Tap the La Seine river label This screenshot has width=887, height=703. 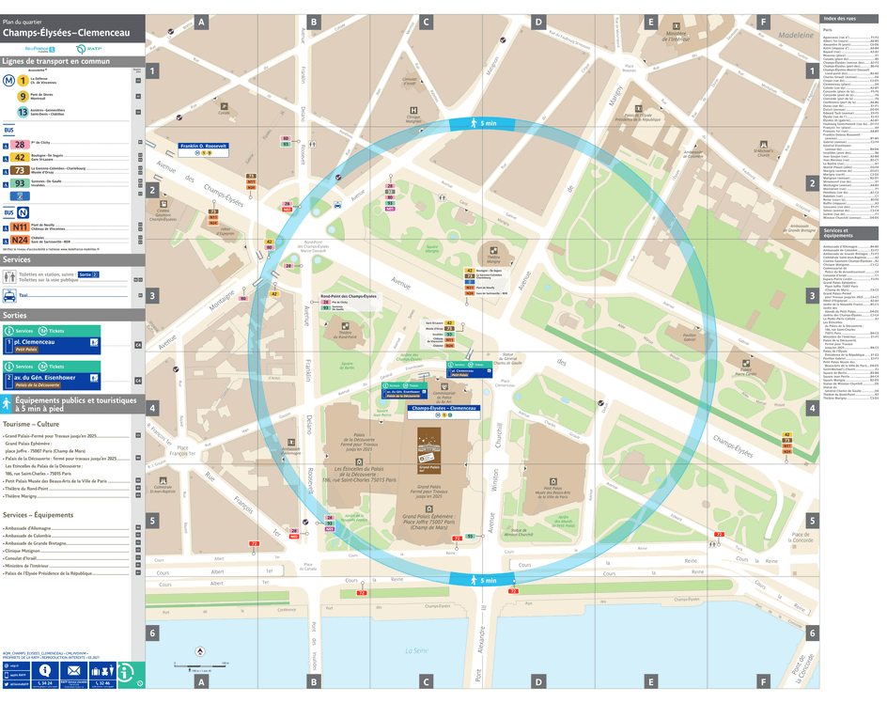click(x=416, y=650)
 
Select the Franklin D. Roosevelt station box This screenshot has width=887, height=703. click(x=204, y=147)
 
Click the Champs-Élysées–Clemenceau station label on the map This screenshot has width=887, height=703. click(x=442, y=409)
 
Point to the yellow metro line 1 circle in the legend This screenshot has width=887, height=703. click(x=23, y=81)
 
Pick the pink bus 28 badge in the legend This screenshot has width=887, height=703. click(x=20, y=145)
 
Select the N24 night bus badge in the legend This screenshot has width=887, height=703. click(x=20, y=240)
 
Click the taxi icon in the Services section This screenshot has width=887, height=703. click(x=10, y=294)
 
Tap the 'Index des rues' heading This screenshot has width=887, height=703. click(x=839, y=19)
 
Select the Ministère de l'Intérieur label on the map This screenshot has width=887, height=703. click(x=682, y=37)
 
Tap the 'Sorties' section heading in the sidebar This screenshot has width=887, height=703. click(x=16, y=316)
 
